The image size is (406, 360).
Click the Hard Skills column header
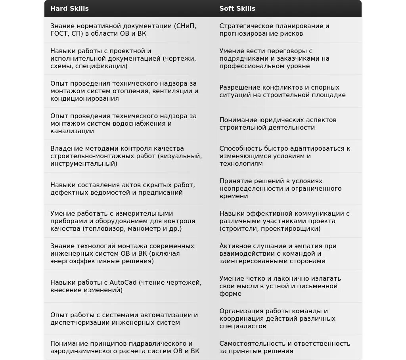pyautogui.click(x=69, y=8)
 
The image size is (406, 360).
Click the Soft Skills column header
pyautogui.click(x=237, y=8)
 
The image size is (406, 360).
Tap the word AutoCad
pyautogui.click(x=123, y=282)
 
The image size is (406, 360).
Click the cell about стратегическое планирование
pyautogui.click(x=274, y=30)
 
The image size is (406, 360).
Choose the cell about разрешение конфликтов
pyautogui.click(x=282, y=91)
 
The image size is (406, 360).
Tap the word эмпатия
pyautogui.click(x=308, y=246)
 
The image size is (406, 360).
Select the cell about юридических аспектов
pyautogui.click(x=278, y=124)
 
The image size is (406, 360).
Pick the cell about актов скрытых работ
pyautogui.click(x=123, y=189)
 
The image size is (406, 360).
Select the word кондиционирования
pyautogui.click(x=84, y=99)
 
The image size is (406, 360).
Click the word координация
pyautogui.click(x=243, y=319)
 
